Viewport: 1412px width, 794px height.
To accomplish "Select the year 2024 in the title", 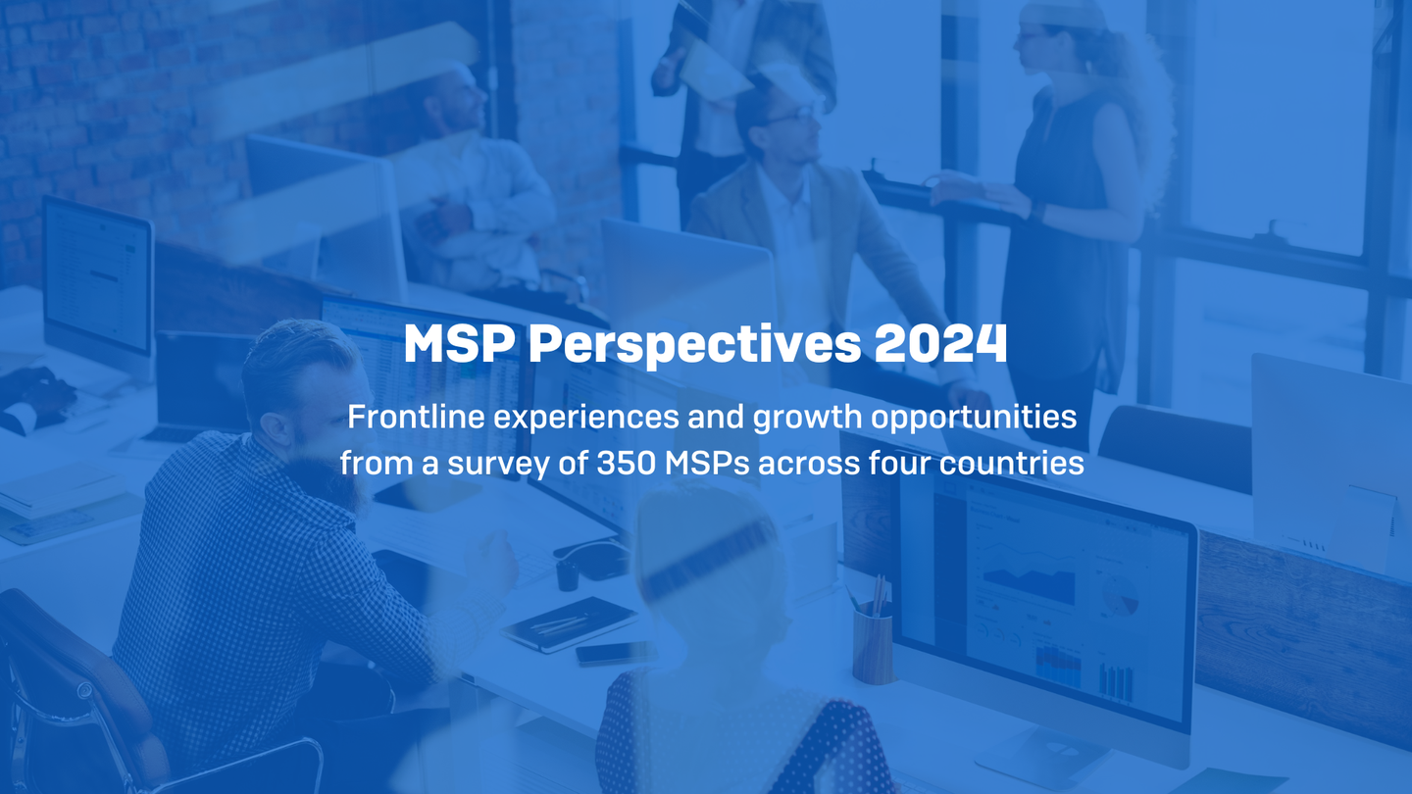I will click(x=940, y=345).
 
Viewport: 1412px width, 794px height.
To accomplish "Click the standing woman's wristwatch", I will click(x=1037, y=212).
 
